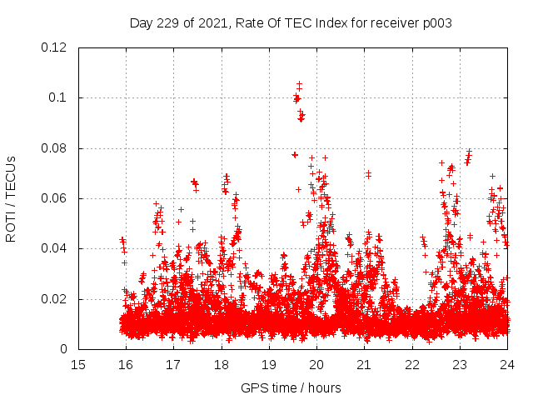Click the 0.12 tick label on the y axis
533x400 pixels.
tap(55, 47)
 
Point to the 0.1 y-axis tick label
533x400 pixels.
tap(58, 97)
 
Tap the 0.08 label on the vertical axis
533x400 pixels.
tap(55, 148)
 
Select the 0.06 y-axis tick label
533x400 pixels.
tap(55, 198)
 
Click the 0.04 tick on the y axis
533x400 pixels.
tap(55, 248)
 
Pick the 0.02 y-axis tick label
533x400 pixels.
tap(55, 299)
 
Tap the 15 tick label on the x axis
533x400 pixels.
tap(78, 365)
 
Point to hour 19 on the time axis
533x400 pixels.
tap(269, 365)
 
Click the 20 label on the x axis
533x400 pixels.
tap(316, 365)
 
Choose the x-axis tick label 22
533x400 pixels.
tap(412, 365)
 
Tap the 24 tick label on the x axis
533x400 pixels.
tap(507, 365)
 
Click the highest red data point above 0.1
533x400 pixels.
tap(299, 84)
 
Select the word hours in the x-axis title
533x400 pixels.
tap(323, 387)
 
